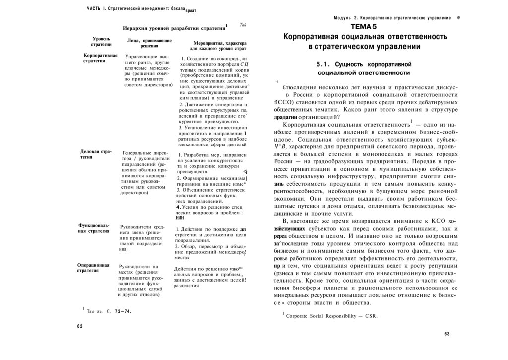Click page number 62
(80, 326)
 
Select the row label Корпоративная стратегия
(101, 58)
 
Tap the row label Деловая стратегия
(96, 153)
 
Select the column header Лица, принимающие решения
(149, 43)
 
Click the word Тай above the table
(243, 25)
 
